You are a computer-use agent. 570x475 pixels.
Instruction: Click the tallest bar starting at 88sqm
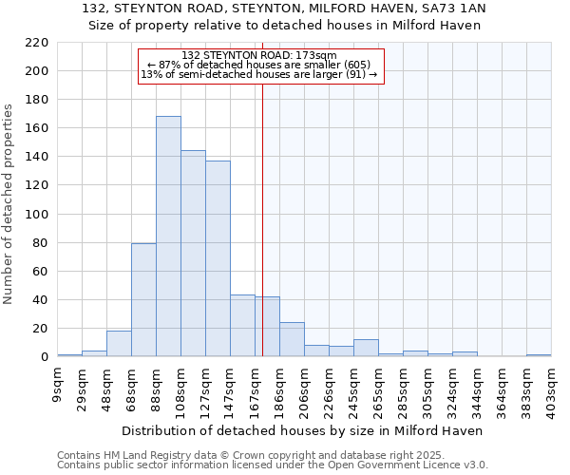pos(168,237)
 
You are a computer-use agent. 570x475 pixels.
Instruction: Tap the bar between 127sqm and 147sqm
pos(218,258)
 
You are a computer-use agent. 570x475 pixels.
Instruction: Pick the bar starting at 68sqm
pos(143,300)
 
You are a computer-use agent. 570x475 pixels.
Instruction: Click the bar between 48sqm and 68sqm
pos(119,344)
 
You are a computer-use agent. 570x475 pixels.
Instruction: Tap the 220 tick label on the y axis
pos(36,43)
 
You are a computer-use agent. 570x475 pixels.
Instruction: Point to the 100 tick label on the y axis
pos(36,214)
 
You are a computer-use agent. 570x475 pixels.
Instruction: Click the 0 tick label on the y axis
pos(44,357)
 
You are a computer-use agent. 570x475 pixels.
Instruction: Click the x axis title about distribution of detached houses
pos(303,430)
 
